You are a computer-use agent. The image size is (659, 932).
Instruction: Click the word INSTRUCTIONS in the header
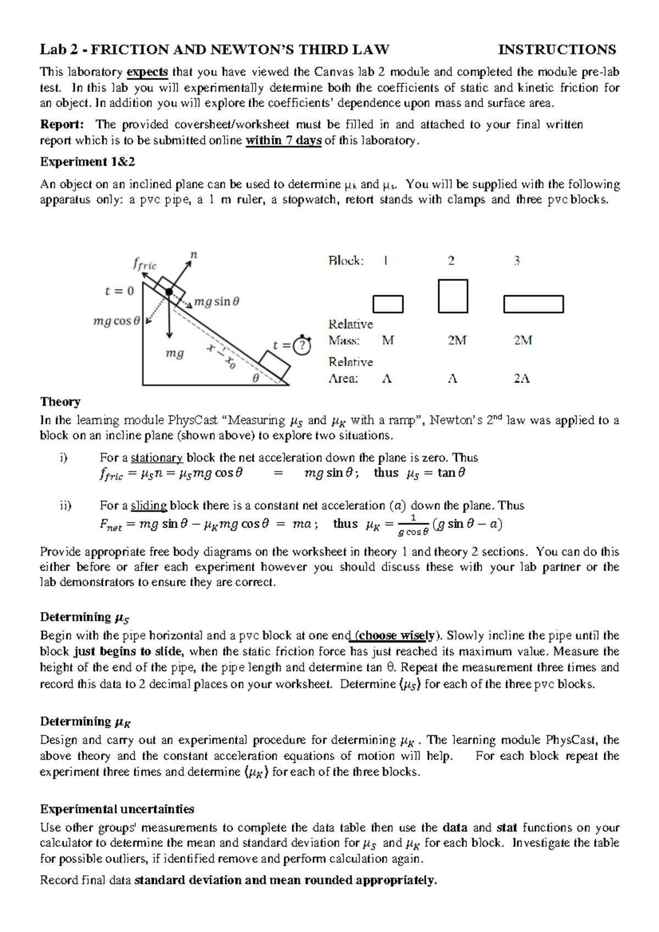point(556,50)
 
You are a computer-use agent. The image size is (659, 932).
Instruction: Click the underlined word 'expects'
point(147,72)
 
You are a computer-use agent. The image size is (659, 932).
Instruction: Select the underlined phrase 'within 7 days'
point(283,141)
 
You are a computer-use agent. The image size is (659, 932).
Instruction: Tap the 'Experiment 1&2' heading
point(87,162)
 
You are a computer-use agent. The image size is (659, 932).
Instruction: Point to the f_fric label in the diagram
point(144,265)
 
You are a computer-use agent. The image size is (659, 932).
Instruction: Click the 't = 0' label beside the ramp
point(119,291)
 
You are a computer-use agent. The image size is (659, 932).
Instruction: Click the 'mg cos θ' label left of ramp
point(116,321)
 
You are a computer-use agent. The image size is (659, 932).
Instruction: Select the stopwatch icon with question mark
point(302,345)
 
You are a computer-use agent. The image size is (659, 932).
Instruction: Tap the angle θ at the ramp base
point(255,378)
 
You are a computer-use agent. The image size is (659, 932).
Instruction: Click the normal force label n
point(193,255)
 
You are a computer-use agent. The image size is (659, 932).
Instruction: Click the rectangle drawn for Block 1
point(388,304)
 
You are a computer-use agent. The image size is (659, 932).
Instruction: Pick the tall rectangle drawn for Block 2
point(453,296)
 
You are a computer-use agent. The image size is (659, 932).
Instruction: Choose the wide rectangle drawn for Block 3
point(533,304)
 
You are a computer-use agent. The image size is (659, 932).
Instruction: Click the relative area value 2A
point(522,379)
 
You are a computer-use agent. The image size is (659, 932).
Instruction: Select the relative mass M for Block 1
point(388,341)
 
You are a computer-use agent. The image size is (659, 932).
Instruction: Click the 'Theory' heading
point(60,402)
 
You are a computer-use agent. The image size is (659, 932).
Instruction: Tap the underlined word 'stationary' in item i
point(157,458)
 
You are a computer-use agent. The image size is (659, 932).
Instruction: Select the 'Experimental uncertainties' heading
point(117,810)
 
